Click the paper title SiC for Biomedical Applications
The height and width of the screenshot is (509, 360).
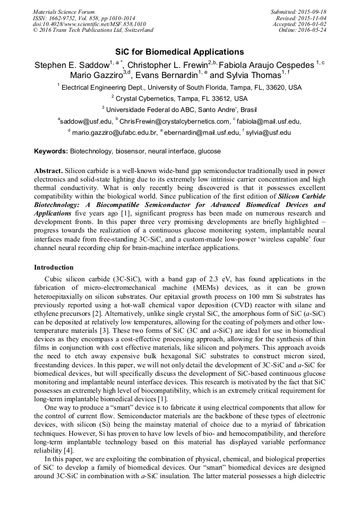pos(179,52)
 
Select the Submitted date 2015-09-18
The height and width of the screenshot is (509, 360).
pos(312,11)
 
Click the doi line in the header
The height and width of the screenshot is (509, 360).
pos(89,24)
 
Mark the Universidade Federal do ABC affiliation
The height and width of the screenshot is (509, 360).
pos(181,110)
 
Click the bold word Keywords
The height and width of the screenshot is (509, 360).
pos(51,151)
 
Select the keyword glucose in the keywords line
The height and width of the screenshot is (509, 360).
pos(210,151)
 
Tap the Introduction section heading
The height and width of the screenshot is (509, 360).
pos(54,267)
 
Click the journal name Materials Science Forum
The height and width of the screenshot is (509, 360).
pos(64,11)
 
